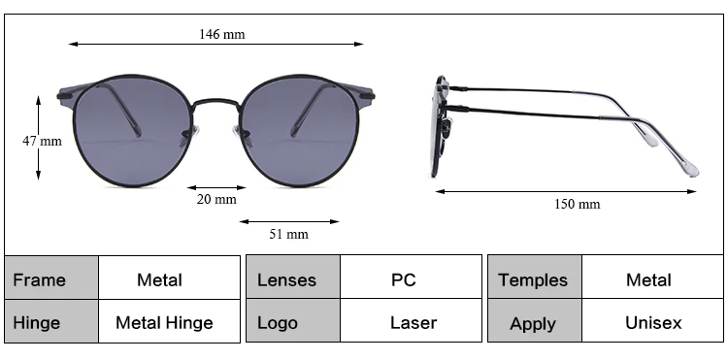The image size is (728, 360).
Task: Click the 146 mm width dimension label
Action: pos(222,34)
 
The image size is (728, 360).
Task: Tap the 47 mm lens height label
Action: pos(43,141)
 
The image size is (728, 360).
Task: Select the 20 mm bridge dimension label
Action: pos(216,200)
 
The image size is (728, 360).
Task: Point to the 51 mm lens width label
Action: pos(289,234)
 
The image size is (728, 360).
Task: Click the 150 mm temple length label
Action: pos(578,204)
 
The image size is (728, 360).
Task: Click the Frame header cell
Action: pos(51,278)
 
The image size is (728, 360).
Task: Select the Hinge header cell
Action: pos(51,321)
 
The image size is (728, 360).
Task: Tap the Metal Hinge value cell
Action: pos(170,321)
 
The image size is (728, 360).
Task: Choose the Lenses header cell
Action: pos(293,277)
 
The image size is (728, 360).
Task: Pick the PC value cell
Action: pos(411,277)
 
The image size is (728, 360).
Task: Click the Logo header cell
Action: pos(293,320)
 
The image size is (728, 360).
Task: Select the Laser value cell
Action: pos(411,320)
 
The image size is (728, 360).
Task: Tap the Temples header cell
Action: pos(535,277)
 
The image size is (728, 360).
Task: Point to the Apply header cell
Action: pos(535,320)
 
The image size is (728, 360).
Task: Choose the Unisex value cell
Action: pos(652,320)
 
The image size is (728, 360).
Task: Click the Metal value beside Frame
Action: pos(170,278)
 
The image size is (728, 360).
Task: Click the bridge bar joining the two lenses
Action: pos(215,100)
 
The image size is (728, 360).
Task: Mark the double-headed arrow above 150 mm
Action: pos(566,191)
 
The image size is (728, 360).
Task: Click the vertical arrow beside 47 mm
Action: pos(38,138)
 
